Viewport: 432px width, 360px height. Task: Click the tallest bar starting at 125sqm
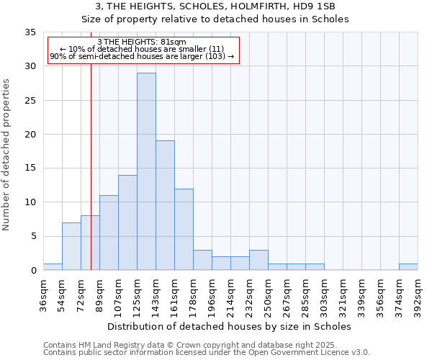tap(146, 171)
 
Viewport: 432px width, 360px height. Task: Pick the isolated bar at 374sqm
tap(408, 266)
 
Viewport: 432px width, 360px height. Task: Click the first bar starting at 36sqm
tap(53, 266)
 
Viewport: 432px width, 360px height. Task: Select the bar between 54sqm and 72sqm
tap(71, 246)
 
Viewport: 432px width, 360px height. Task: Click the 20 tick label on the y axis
tap(30, 135)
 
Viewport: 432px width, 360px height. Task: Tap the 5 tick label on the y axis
tap(33, 237)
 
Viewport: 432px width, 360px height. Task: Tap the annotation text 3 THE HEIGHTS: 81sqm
tap(142, 42)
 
